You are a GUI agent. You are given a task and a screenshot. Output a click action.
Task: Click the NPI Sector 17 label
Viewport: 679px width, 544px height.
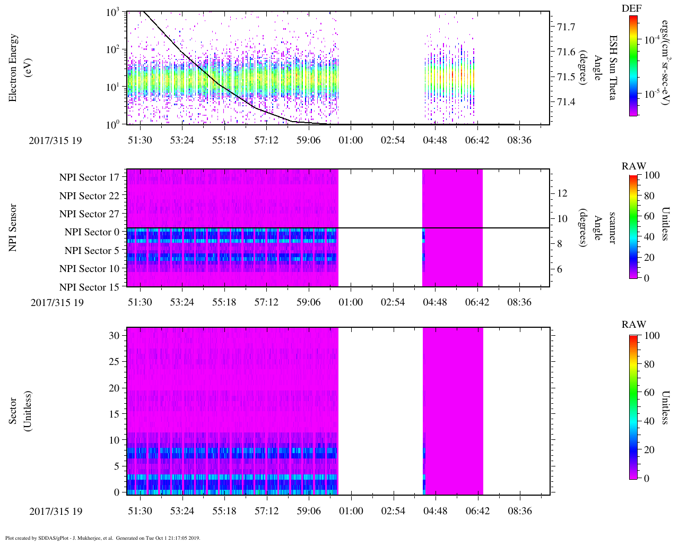click(x=89, y=177)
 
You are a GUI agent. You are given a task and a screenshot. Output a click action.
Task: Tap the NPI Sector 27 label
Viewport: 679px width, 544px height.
click(x=89, y=214)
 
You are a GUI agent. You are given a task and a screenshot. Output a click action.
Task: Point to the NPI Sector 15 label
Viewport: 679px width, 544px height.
click(x=89, y=287)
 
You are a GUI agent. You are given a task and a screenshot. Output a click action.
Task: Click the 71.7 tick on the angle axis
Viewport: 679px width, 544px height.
click(x=565, y=27)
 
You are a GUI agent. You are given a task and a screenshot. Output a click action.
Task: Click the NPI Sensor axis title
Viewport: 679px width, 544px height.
click(x=13, y=227)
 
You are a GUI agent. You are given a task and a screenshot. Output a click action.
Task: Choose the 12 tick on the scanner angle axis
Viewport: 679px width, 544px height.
click(x=563, y=193)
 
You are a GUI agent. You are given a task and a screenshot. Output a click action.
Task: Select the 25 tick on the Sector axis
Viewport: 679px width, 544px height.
click(x=117, y=362)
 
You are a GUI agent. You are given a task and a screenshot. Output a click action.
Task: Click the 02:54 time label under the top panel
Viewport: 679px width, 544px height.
click(x=393, y=140)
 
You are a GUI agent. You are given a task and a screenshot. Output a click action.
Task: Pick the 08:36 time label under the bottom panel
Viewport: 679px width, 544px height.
click(x=519, y=511)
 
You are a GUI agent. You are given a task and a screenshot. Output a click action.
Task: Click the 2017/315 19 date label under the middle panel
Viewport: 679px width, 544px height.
click(x=57, y=303)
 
